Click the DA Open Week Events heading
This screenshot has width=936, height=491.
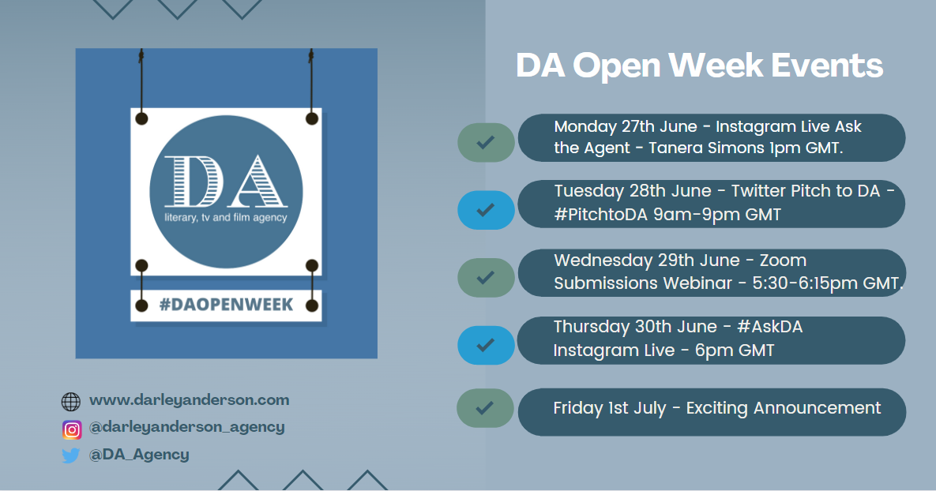699,66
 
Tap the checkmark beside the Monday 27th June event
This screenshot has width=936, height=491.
486,143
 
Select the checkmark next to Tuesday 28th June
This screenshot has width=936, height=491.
486,210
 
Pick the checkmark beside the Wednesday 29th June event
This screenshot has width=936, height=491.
486,277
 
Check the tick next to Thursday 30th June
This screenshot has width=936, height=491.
486,345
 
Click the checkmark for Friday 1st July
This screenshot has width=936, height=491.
485,408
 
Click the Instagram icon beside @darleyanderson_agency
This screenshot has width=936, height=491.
72,429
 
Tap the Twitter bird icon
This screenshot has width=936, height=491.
70,455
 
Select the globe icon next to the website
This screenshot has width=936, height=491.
70,402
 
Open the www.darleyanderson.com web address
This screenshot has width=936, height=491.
190,399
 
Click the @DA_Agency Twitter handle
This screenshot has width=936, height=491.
139,455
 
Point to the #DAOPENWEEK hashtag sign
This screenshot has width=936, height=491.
226,305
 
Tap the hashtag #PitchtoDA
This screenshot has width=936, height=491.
600,215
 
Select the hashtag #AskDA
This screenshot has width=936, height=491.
770,327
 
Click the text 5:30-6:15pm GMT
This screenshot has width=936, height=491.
827,283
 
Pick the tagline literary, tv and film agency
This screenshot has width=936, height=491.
226,218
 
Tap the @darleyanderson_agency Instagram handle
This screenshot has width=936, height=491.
187,427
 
